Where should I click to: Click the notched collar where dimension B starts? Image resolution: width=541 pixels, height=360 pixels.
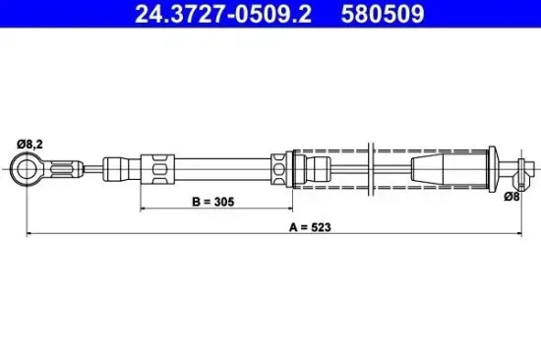156,169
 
